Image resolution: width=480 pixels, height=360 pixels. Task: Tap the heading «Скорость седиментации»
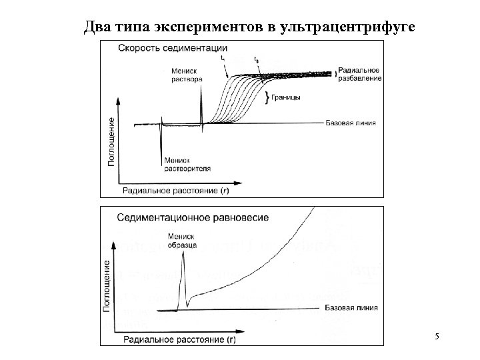[173, 47]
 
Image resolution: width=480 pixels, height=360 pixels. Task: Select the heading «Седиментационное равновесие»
[193, 217]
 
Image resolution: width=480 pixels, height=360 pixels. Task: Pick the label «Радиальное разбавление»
[359, 74]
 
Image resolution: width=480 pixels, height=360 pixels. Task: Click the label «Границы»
[287, 98]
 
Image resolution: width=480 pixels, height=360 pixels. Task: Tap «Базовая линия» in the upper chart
[351, 123]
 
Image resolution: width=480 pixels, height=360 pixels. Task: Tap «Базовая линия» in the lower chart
[351, 308]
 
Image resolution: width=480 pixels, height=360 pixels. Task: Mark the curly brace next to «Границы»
[267, 98]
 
